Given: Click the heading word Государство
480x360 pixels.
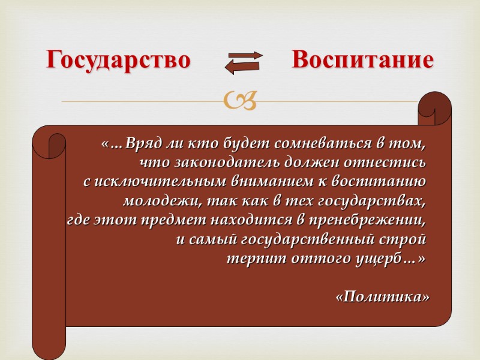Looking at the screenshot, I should click(119, 61).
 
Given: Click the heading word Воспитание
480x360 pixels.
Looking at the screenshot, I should click(362, 61).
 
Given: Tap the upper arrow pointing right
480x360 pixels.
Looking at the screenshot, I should click(244, 56).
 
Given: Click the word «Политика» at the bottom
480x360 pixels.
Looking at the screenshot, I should click(383, 296).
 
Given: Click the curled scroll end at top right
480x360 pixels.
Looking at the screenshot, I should click(436, 108).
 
